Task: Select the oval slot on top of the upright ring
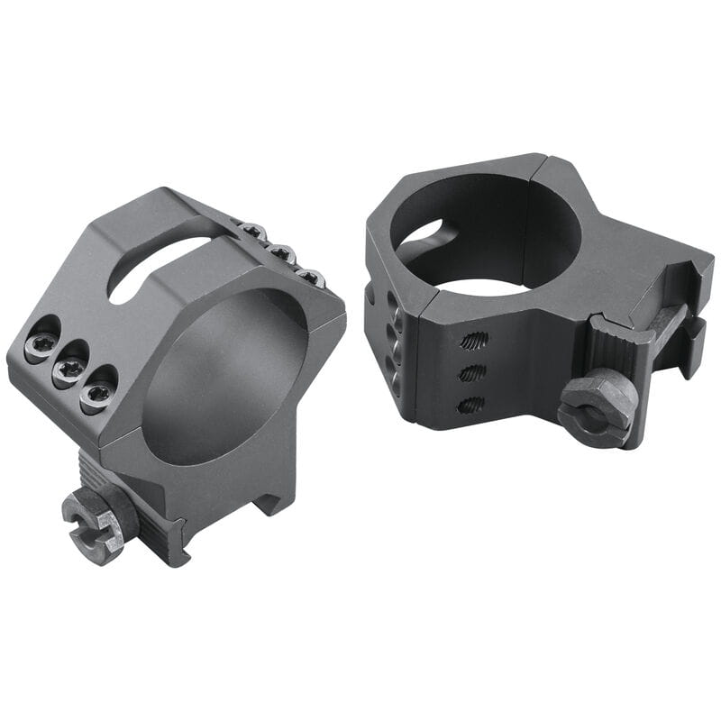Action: tap(158, 267)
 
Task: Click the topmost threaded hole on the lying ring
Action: tap(474, 341)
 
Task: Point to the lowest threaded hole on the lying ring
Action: tap(470, 405)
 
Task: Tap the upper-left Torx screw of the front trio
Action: tap(40, 343)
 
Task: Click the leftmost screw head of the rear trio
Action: tap(255, 233)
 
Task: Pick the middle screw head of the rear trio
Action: tap(282, 254)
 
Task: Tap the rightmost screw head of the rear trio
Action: tap(310, 277)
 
